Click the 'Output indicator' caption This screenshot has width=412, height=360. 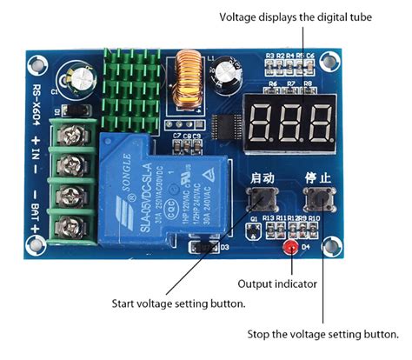276,283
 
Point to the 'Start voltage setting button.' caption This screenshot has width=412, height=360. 178,303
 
